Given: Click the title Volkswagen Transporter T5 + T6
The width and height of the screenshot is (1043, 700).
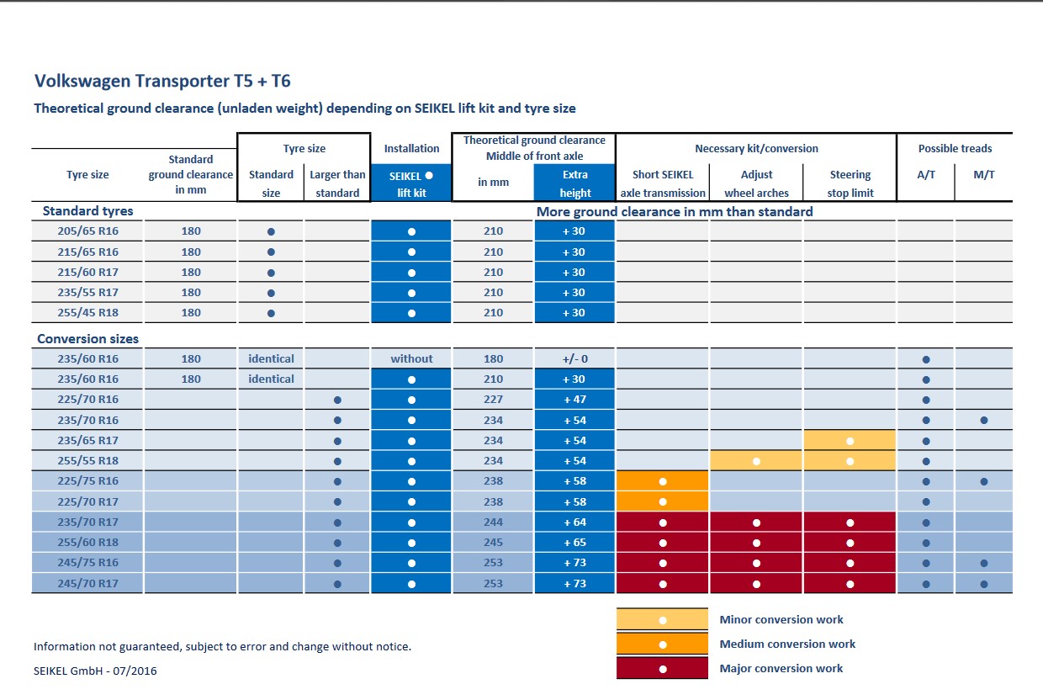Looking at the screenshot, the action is pos(162,81).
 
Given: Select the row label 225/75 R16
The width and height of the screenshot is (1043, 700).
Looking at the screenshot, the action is pos(87,481).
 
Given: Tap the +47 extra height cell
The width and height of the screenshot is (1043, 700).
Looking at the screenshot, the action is pos(574,400).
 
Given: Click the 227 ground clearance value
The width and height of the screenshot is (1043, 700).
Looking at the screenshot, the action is pos(493,400).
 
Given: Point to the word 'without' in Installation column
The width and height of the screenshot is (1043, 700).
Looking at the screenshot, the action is pos(411,358).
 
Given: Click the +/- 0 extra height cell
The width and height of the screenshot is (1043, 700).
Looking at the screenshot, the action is pos(574,358).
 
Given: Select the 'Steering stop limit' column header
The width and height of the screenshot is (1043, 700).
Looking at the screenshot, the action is pos(850,183).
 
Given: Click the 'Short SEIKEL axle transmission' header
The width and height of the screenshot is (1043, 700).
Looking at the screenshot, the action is pos(663,183).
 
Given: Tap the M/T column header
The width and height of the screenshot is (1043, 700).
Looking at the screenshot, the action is pos(983,175).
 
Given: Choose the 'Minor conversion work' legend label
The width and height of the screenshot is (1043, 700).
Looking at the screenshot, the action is pos(781,619).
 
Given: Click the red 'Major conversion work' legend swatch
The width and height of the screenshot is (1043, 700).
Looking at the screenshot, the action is pos(662,668).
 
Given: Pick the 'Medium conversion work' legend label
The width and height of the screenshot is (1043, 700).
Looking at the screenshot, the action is pos(787,644).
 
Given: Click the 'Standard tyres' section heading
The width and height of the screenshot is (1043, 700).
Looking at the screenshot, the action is pos(88,211).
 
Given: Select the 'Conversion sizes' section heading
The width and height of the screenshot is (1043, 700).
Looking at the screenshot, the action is pos(88,338).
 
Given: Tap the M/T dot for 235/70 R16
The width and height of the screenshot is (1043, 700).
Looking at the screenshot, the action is pos(984,420).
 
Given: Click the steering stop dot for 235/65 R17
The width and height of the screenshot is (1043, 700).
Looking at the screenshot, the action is pos(850,441).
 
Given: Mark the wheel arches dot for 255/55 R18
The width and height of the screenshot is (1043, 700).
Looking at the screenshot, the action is pos(756,462).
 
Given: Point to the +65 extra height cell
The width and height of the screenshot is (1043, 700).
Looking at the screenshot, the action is pos(574,543).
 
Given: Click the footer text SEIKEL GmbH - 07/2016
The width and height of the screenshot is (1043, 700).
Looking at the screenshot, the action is pos(95,671).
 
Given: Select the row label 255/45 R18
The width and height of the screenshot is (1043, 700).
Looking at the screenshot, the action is pos(87,312).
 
